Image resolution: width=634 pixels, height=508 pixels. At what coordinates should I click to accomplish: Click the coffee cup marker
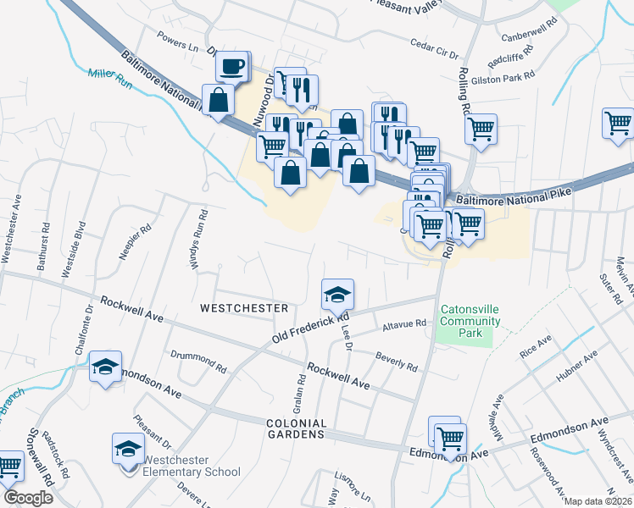pos(233,65)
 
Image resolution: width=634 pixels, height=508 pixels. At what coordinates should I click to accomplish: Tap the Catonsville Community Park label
pos(470,321)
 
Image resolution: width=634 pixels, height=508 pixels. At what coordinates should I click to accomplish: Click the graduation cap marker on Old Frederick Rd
pos(337,295)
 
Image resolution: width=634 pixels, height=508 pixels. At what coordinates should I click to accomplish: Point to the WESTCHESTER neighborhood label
pos(244,308)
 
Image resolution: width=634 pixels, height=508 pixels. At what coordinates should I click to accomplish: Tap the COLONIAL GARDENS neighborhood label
pos(296,428)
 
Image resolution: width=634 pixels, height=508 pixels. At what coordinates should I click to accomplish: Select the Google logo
pos(27,498)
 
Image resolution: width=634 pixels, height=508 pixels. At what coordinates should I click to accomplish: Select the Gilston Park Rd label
pos(507,75)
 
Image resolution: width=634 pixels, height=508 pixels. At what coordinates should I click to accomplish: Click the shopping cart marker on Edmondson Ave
pos(450,439)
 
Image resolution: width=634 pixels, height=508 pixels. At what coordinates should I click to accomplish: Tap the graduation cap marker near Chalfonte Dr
pos(106,367)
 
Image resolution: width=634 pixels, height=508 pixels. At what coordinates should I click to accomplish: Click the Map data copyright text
pos(597,501)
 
